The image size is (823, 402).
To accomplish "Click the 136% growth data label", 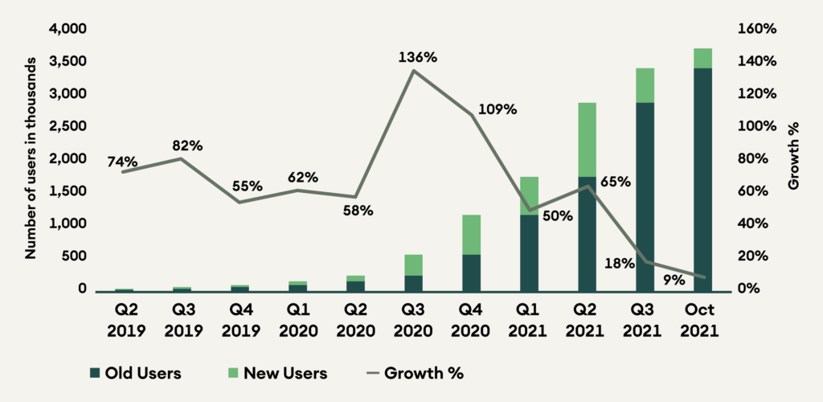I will point(418,58).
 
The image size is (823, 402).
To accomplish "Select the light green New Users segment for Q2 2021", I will point(586,139).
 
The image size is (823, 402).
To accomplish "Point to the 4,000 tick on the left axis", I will point(69,29).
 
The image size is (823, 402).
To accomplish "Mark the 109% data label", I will point(497,109).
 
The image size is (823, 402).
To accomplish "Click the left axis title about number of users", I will point(31,158).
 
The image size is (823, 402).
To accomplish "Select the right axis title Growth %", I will point(793,158).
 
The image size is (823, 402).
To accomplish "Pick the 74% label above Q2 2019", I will point(124,162).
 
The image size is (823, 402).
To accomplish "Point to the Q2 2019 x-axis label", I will point(124,320).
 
